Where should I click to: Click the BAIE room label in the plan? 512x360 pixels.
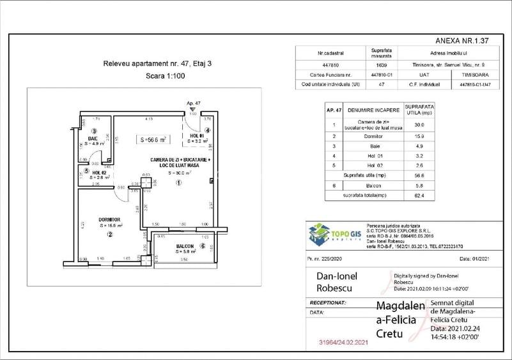tap(93, 138)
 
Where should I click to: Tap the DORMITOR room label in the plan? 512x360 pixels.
tap(111, 219)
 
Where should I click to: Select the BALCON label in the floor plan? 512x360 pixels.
tap(185, 246)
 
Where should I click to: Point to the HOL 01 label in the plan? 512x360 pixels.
tap(197, 136)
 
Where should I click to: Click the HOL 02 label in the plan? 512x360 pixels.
tap(98, 172)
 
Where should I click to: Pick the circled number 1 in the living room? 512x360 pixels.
tap(179, 182)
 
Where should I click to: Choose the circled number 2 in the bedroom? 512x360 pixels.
tap(110, 234)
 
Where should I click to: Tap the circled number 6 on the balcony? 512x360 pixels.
tap(203, 246)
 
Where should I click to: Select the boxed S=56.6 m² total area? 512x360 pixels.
tap(153, 139)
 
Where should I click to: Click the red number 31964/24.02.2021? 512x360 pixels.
tap(343, 343)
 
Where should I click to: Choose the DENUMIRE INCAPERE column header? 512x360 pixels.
tap(374, 111)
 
